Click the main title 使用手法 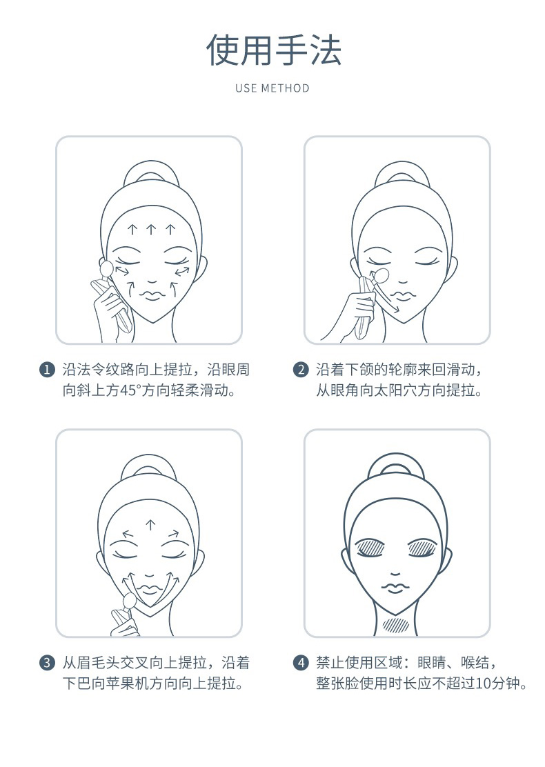(x=273, y=50)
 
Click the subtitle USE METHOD (x=272, y=88)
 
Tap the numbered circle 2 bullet (x=300, y=369)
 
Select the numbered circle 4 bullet (x=300, y=663)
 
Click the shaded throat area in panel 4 (x=396, y=625)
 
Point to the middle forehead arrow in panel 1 (x=151, y=230)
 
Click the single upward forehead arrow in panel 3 (x=150, y=525)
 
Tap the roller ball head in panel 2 (x=381, y=275)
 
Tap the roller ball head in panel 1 (x=106, y=268)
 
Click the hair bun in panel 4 (x=395, y=466)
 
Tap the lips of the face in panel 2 (x=402, y=295)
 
